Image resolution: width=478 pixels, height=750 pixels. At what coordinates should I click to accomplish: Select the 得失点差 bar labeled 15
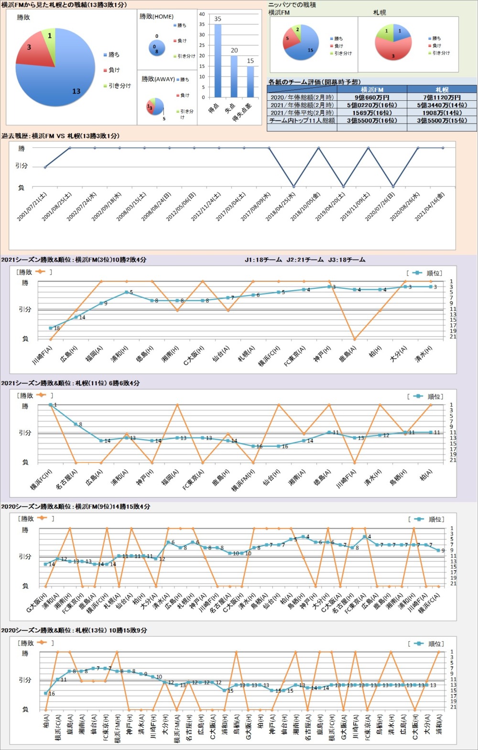250,82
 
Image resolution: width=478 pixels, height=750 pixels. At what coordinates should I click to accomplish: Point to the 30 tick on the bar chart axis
202,35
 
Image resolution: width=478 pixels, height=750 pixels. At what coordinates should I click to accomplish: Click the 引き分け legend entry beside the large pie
118,86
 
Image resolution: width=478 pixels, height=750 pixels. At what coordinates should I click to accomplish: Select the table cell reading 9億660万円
372,97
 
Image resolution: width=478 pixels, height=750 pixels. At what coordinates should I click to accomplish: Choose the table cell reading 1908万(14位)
442,113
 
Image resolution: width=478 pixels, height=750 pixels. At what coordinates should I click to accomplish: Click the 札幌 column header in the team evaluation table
442,90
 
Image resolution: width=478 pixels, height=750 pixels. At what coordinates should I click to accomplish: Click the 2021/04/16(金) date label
430,207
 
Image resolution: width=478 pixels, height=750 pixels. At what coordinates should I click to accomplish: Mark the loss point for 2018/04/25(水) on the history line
293,186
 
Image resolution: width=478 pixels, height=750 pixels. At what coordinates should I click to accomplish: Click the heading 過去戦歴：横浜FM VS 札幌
60,136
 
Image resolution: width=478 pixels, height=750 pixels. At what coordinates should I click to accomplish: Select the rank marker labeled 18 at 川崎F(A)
51,328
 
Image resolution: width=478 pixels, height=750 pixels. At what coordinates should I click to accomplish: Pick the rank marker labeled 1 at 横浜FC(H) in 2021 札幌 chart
50,405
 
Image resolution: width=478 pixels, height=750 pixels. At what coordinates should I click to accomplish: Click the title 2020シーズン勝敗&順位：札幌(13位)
74,631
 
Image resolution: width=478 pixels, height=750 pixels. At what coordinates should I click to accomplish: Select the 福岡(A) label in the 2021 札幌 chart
170,477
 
